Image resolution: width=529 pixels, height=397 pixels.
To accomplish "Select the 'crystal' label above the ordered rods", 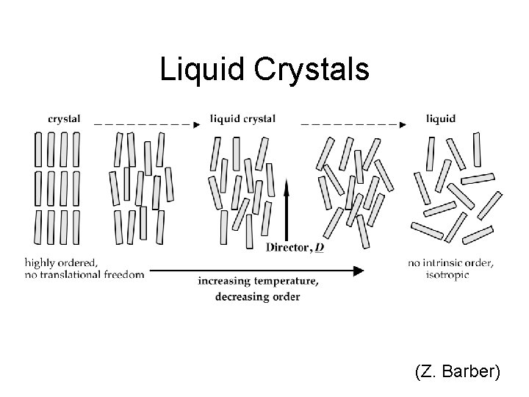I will (x=64, y=118).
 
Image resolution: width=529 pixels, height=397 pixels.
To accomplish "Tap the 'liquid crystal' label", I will (x=242, y=118).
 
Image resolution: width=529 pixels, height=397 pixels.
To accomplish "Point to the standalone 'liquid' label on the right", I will (x=441, y=118).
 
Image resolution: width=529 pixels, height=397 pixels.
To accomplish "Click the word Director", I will (x=287, y=248).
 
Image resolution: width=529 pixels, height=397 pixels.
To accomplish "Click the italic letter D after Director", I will (x=320, y=248).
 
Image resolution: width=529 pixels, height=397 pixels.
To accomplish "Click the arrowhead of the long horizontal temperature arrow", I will (x=358, y=271).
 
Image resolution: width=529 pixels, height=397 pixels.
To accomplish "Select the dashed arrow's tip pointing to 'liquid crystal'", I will (x=196, y=125).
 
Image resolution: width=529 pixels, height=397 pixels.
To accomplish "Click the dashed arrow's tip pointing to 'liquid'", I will (x=403, y=125).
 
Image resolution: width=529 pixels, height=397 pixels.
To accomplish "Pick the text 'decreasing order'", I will (x=257, y=296).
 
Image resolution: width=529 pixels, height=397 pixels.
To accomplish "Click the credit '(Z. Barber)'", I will (x=458, y=372).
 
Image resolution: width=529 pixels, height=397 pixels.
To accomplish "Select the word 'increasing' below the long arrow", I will (x=225, y=282).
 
